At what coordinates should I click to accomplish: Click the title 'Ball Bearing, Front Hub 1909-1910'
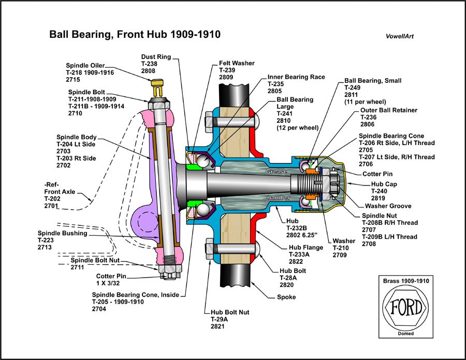135,35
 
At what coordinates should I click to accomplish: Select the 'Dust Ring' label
156,56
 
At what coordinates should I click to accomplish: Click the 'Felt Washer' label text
237,63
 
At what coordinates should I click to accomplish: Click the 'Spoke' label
286,297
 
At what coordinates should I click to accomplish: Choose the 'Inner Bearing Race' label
296,77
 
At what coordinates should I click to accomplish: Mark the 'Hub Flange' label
305,248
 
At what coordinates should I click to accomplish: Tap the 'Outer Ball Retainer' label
388,110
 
